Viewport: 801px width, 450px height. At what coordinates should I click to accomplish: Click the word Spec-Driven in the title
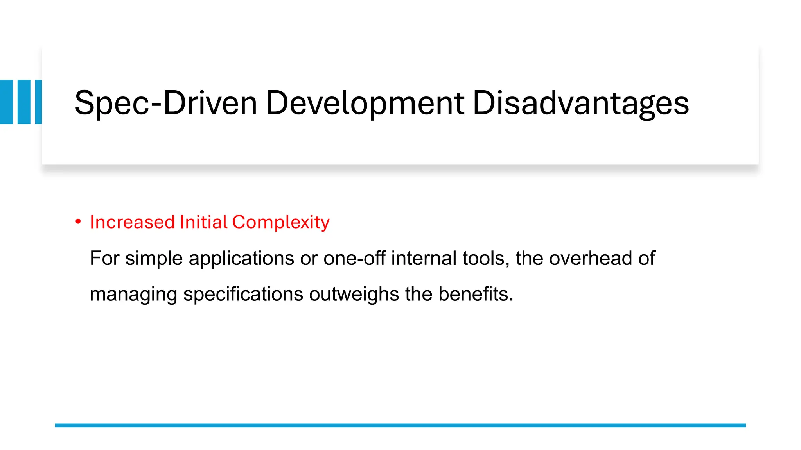coord(165,104)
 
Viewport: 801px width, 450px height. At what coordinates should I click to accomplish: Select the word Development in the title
coord(365,104)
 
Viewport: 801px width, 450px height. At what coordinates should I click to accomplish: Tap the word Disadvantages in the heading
coord(580,104)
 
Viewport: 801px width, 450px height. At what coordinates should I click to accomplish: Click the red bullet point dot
coord(78,222)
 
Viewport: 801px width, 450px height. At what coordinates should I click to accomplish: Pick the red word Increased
coord(132,222)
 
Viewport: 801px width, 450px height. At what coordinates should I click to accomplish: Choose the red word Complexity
coord(281,222)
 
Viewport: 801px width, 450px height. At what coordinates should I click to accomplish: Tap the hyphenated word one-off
coord(354,258)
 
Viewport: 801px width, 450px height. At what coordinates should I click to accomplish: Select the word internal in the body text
coord(424,258)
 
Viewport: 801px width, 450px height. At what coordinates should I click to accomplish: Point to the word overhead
coord(591,258)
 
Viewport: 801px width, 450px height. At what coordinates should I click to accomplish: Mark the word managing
coord(133,294)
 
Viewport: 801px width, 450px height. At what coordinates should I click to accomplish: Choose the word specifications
coord(243,294)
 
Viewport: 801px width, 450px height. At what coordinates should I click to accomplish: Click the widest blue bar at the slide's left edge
coord(6,102)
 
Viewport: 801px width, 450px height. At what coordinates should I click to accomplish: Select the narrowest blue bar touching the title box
coord(38,102)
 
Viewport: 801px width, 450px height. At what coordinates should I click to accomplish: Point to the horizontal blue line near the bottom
coord(400,425)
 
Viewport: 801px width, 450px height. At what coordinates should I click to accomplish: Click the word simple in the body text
coord(154,258)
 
